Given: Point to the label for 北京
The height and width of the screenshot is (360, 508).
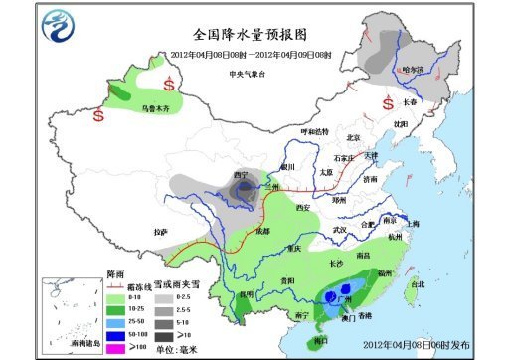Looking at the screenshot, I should tap(350, 138).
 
